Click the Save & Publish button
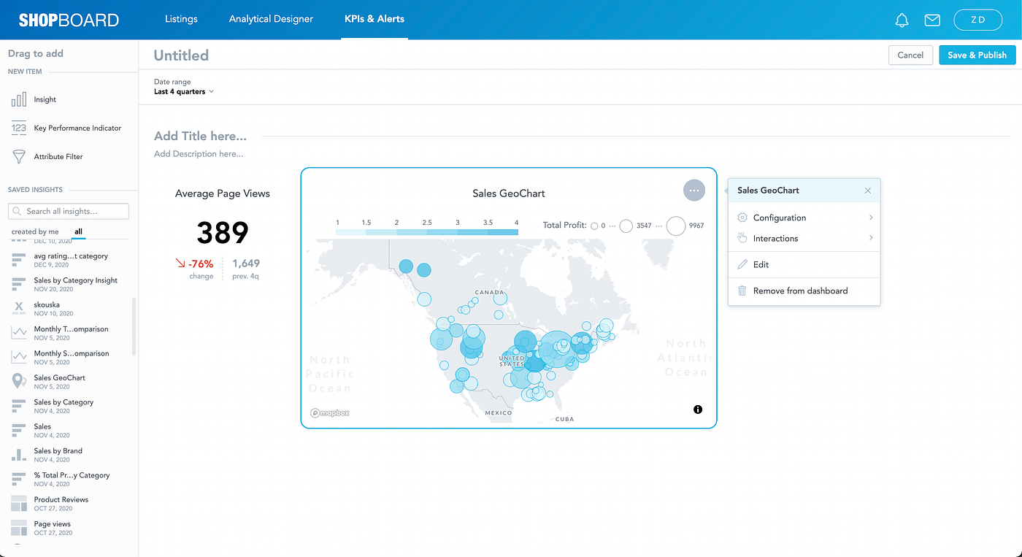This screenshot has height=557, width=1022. [977, 55]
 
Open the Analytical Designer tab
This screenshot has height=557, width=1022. [271, 19]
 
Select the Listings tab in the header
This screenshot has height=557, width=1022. [181, 19]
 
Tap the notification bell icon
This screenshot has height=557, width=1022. [902, 20]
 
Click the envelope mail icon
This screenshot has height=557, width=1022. [932, 20]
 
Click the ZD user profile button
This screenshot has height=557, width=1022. [977, 20]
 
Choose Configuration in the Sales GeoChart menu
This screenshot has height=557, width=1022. [780, 218]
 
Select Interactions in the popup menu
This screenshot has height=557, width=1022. [775, 239]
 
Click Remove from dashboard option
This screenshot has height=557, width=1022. [800, 291]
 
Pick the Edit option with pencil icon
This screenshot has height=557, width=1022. [761, 264]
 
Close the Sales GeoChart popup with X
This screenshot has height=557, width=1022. [868, 191]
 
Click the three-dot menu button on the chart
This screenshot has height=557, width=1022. [694, 191]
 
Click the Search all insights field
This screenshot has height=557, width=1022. [69, 211]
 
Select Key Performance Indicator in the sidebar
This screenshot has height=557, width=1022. [77, 128]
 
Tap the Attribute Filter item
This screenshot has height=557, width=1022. [58, 156]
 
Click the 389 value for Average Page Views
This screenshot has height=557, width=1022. [223, 232]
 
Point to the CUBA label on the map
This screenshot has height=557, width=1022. [564, 419]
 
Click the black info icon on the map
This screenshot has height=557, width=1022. [698, 410]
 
